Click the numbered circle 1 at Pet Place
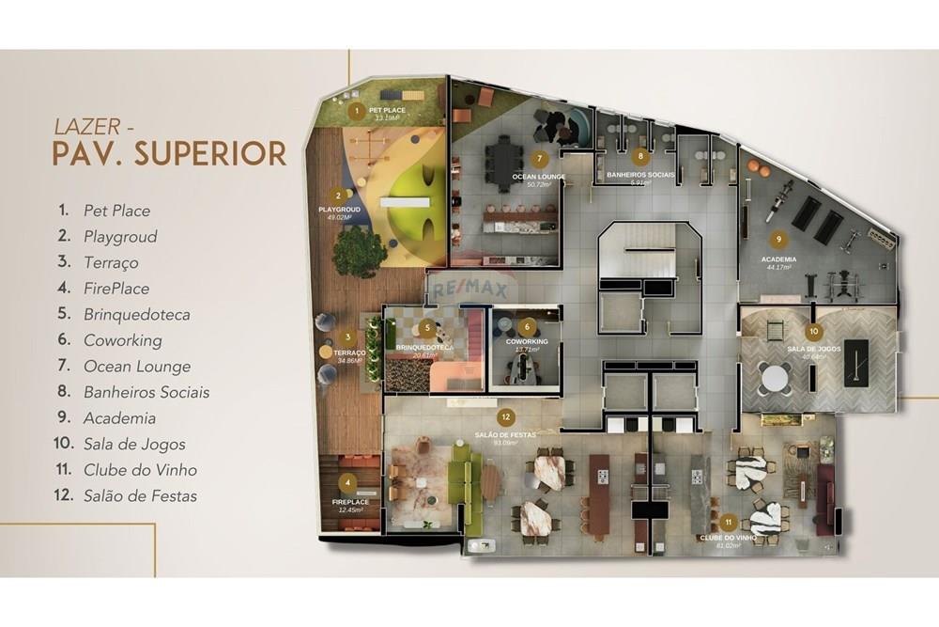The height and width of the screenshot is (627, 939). pyautogui.click(x=355, y=111)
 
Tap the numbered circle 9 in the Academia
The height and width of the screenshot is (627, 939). pyautogui.click(x=778, y=239)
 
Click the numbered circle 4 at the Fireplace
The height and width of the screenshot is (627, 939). pyautogui.click(x=349, y=485)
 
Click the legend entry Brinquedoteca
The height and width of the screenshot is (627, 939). pyautogui.click(x=136, y=314)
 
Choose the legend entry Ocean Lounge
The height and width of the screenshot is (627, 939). pyautogui.click(x=136, y=367)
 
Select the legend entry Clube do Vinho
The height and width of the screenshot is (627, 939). pyautogui.click(x=140, y=470)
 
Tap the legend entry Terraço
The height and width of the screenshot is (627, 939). pyautogui.click(x=111, y=262)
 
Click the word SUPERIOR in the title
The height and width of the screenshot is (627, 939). pyautogui.click(x=209, y=153)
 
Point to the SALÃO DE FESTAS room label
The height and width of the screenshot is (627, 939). pyautogui.click(x=505, y=435)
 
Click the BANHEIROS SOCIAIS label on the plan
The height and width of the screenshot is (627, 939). pyautogui.click(x=640, y=175)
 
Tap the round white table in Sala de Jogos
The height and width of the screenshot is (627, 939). pyautogui.click(x=776, y=378)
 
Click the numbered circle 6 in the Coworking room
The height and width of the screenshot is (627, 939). pyautogui.click(x=529, y=326)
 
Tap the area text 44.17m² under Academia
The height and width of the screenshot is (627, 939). pyautogui.click(x=778, y=268)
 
